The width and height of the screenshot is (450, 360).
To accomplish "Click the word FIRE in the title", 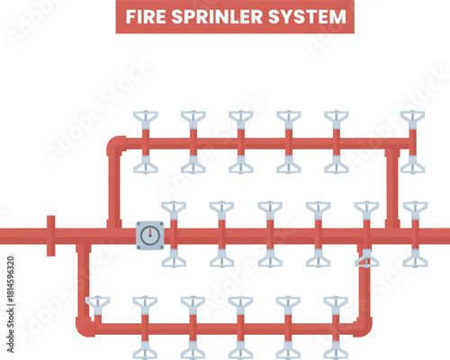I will tap(145, 17).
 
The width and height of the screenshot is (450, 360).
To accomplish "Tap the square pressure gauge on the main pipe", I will tap(150, 236).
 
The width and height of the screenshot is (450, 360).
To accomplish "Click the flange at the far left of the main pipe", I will tap(51, 236).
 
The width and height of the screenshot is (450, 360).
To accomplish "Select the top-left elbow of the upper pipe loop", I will tap(114, 144).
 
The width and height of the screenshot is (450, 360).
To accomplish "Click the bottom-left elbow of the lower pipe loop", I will tap(84, 326).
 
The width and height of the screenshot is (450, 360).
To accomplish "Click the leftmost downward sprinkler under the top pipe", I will tap(145, 167).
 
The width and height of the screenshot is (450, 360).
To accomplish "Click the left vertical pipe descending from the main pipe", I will tap(83, 279).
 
